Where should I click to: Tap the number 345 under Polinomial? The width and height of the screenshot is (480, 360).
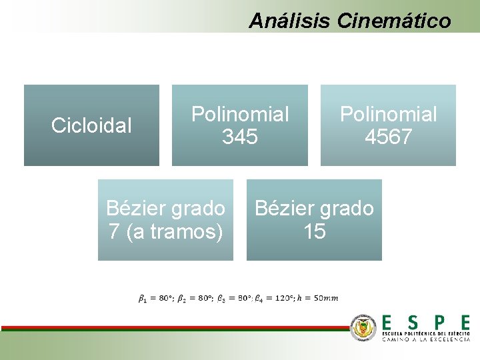[x=240, y=137]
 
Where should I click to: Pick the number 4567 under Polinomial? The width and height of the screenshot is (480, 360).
[x=388, y=137]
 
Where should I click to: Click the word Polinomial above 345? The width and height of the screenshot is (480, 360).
[x=240, y=115]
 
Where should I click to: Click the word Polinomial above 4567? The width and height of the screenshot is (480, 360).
[x=388, y=115]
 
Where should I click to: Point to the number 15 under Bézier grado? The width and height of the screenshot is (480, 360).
[x=314, y=232]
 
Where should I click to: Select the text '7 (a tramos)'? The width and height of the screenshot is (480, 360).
[x=165, y=232]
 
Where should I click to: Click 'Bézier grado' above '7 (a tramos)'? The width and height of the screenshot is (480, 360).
[x=165, y=209]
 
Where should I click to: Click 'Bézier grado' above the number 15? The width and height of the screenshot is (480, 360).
[x=314, y=209]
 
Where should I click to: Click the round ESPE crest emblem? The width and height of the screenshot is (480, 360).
[x=364, y=327]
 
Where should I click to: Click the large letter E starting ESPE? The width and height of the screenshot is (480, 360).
[x=387, y=323]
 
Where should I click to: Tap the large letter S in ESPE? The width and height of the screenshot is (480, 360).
[x=414, y=323]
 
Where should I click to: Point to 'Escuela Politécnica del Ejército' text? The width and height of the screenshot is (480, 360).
[x=426, y=333]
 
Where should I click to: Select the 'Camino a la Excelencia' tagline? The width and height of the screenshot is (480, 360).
[x=426, y=339]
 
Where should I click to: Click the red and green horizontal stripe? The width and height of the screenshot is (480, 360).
[x=173, y=328]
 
